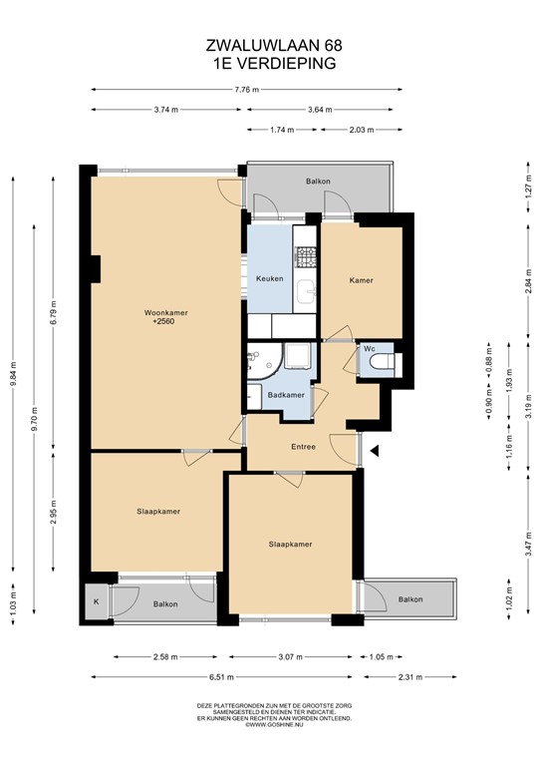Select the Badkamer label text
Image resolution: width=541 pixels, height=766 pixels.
(x=287, y=395)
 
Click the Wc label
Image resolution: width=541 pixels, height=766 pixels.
(x=369, y=348)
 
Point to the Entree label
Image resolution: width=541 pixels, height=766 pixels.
(x=303, y=446)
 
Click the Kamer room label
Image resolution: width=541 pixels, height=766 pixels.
(x=361, y=280)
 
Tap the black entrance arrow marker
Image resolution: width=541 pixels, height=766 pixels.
(x=376, y=451)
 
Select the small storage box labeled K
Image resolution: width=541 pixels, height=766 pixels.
(x=97, y=602)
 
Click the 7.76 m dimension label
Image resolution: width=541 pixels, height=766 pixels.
(x=246, y=90)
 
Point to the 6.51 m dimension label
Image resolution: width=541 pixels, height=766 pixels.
(x=221, y=677)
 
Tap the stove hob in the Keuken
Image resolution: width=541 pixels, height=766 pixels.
(x=306, y=255)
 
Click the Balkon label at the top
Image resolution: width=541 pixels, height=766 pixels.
(x=318, y=181)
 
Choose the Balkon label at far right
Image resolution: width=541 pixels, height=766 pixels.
(x=409, y=599)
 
